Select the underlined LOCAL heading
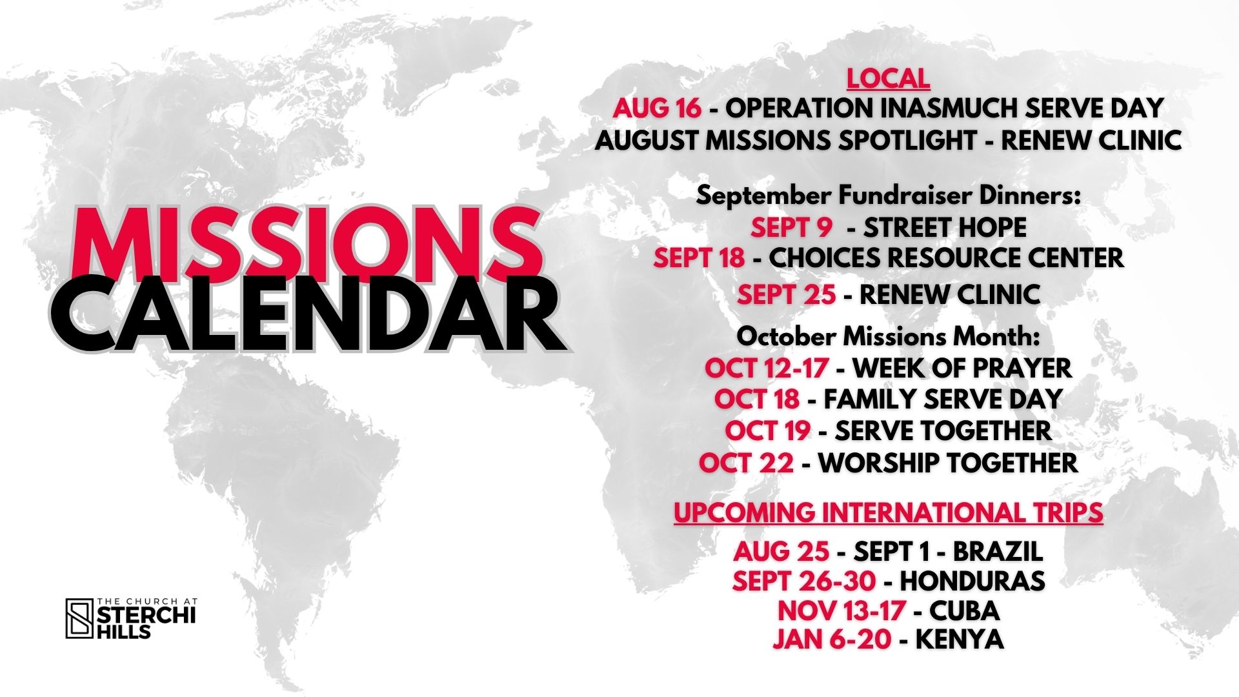coord(888,79)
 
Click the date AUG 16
coord(657,108)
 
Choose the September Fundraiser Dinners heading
coord(888,196)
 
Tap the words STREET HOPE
coord(945,227)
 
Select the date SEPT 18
coord(699,258)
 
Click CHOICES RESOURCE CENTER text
coord(946,258)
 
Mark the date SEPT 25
coord(787,295)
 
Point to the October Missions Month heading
coord(888,336)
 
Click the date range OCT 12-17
coord(767,368)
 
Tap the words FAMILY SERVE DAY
coord(943,399)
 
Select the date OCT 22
coord(746,463)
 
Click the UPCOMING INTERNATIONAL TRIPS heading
coord(888,512)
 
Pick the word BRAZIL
coord(998,551)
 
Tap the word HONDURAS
coord(972,581)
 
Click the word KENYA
coord(960,640)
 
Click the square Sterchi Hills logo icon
coord(80,618)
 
